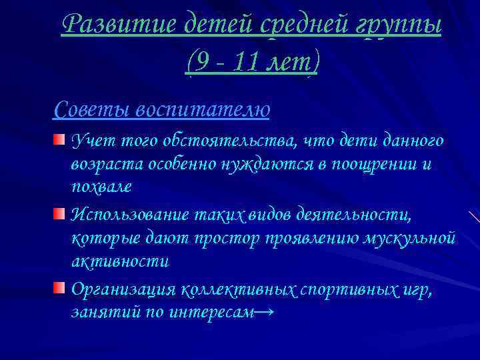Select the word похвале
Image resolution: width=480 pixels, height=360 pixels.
tap(101, 188)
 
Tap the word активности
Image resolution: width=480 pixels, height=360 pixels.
tap(120, 262)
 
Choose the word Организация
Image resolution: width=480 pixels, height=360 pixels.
tap(123, 289)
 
